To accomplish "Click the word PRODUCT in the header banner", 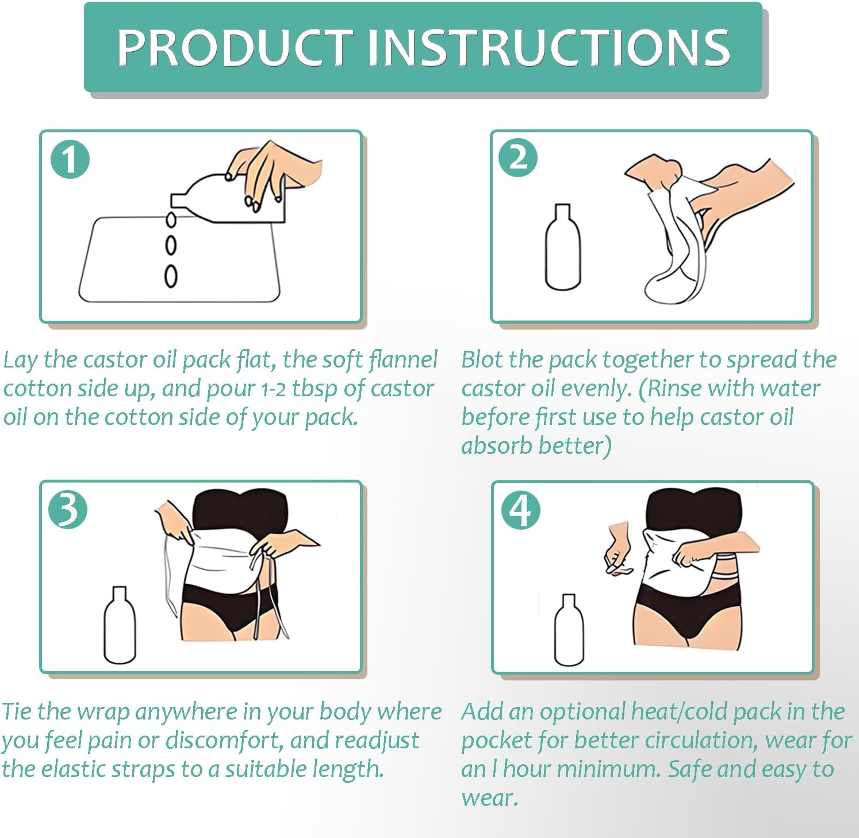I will coord(235,47).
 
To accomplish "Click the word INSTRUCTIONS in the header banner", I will coord(548,47).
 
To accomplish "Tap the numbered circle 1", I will coord(70,159).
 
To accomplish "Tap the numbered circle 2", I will coord(518,157).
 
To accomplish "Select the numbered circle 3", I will coord(68,510).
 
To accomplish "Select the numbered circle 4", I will coord(520,510).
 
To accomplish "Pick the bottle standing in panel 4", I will coord(569,631).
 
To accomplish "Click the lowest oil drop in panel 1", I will coord(171,276).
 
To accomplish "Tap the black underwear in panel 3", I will coord(230,610).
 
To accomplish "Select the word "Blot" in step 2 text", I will coord(482,359).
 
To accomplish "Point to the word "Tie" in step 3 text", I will coord(17,711).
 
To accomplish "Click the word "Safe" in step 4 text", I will coord(689,769).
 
